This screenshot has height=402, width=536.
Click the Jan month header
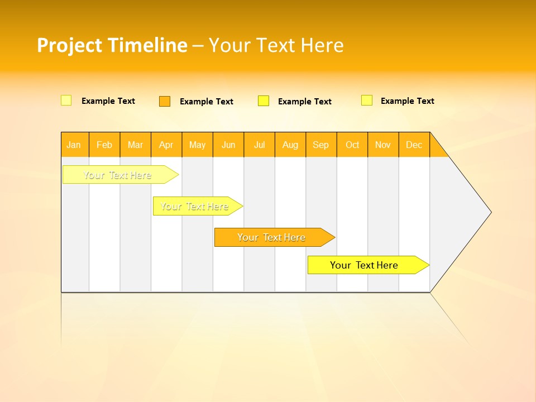tap(74, 145)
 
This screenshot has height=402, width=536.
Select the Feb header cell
tap(104, 145)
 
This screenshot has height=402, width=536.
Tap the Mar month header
tap(135, 145)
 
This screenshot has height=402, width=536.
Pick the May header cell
tap(197, 145)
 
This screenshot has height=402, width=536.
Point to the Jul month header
tap(259, 145)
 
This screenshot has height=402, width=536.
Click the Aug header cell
tap(290, 145)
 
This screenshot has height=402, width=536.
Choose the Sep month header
tap(320, 145)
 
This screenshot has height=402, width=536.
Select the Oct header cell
tap(352, 145)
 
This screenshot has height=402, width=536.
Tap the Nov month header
tap(382, 145)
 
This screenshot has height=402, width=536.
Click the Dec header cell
tap(414, 145)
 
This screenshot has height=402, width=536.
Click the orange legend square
tap(165, 101)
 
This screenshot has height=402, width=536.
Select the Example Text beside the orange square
tap(206, 102)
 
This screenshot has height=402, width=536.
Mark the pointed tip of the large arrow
tap(490, 212)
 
